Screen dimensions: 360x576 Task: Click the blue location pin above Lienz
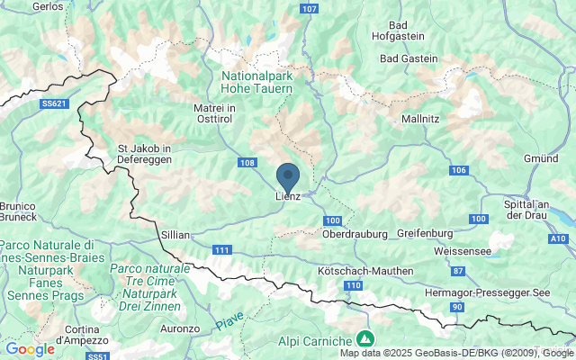[287, 175]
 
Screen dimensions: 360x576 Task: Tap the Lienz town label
[287, 198]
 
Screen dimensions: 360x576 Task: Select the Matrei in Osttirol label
[214, 114]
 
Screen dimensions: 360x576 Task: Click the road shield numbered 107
[310, 8]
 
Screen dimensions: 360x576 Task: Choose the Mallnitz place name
[420, 117]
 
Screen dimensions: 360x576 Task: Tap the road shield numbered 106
[459, 170]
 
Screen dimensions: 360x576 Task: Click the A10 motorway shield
[558, 238]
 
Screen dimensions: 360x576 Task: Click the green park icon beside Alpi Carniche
[365, 339]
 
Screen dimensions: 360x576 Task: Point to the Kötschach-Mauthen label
[366, 271]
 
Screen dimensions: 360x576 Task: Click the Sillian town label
[175, 234]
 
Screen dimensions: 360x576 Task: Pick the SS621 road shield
[54, 104]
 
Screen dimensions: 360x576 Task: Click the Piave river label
[229, 321]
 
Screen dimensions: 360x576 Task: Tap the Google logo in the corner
[30, 349]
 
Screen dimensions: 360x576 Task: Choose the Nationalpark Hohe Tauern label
[257, 83]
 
